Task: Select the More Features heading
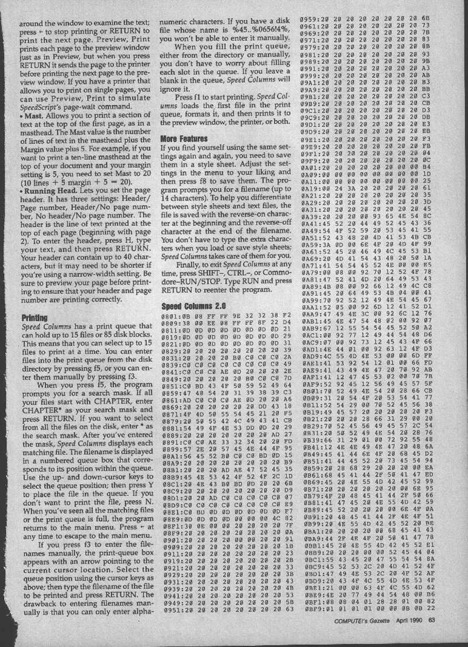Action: coord(184,139)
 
